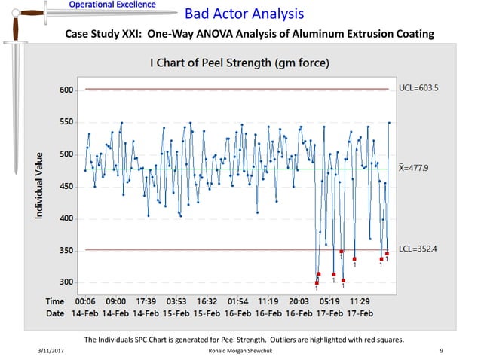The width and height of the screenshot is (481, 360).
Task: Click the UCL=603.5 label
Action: pos(418,88)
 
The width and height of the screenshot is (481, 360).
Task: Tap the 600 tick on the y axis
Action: pos(67,91)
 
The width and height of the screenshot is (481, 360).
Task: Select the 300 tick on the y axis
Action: pos(67,282)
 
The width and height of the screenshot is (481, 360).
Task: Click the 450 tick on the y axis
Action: pos(67,187)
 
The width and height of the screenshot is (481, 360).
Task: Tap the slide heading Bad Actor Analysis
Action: pos(245,14)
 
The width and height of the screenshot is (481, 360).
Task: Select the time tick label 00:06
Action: pos(85,300)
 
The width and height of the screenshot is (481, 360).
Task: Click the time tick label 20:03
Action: pos(299,300)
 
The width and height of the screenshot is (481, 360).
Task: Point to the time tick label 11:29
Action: pos(360,300)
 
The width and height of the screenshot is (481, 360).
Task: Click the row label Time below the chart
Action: pos(57,300)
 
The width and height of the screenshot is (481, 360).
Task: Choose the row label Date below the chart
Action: pos(56,312)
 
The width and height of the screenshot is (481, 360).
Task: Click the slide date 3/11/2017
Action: pos(49,351)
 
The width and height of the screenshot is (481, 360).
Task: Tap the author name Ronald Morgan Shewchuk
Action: pos(243,351)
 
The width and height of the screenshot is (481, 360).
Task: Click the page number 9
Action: pos(440,351)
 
